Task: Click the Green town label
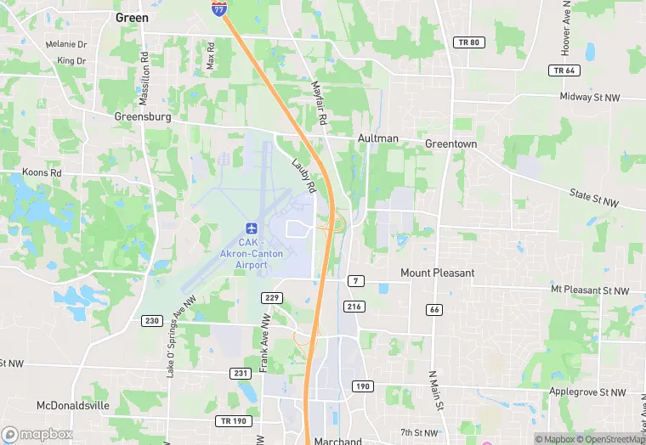pos(131,18)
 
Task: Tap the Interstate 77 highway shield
pos(220,8)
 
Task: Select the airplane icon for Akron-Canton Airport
pos(251,228)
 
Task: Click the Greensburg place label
pos(143,117)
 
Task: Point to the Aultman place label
pos(378,138)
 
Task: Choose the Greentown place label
pos(450,144)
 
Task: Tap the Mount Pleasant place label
pos(437,273)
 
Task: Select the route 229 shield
pos(272,297)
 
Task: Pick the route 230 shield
pos(152,320)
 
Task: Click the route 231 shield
pos(241,373)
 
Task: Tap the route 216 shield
pos(354,306)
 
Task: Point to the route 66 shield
pos(434,310)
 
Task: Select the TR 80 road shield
pos(468,42)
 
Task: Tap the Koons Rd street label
pos(43,172)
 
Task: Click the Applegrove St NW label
pos(587,392)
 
